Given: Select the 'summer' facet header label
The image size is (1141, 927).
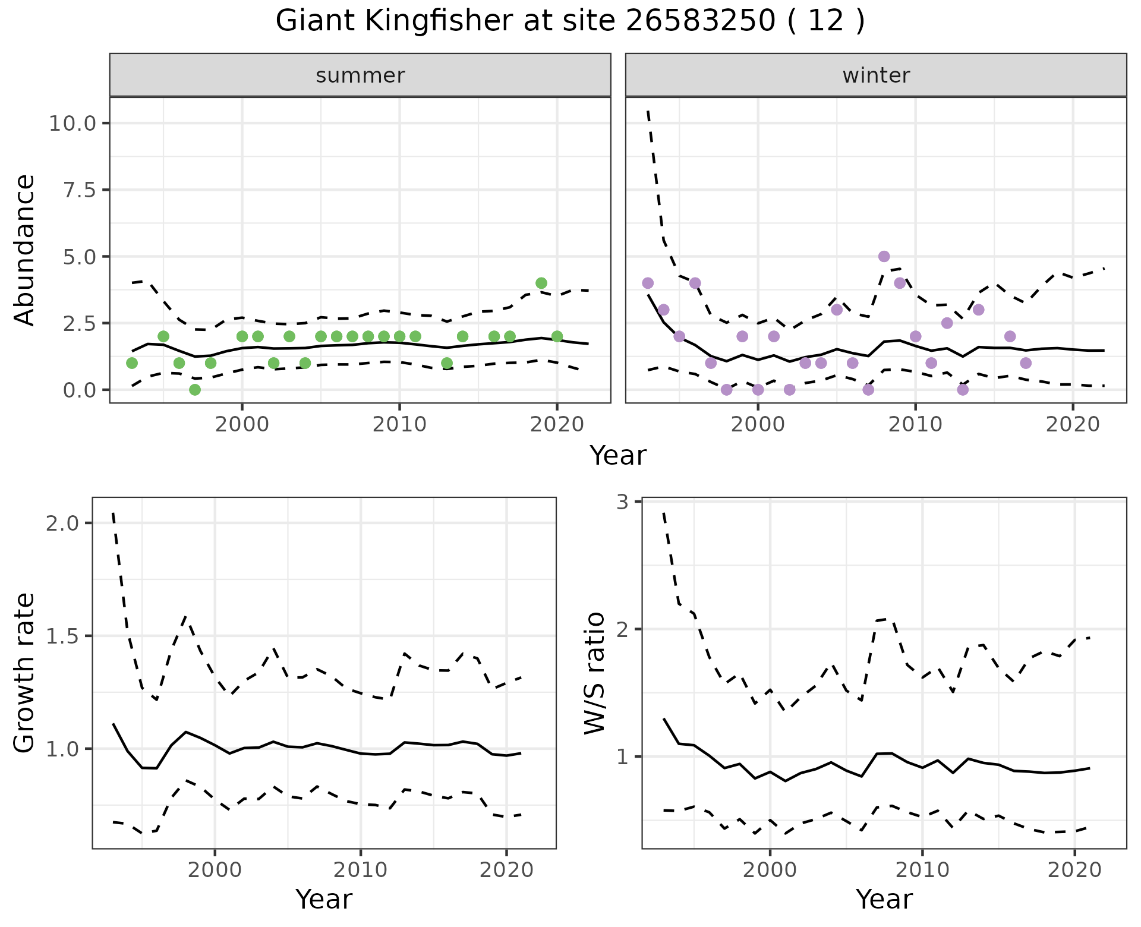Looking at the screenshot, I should (360, 75).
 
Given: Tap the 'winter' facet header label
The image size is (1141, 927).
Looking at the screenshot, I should (876, 75).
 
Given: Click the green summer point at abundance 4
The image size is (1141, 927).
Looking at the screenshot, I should (541, 283).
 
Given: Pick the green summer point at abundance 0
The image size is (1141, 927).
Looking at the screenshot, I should (195, 390).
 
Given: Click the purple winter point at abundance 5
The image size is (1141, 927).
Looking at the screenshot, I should (884, 256).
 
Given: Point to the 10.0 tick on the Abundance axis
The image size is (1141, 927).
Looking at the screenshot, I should (73, 124).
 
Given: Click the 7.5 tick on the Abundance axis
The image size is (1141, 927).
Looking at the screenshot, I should (81, 190).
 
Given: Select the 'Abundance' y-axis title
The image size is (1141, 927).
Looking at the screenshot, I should (25, 250).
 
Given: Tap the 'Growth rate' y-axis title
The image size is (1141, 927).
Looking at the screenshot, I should (25, 673).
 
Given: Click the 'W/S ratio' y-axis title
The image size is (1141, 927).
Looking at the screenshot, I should (594, 673).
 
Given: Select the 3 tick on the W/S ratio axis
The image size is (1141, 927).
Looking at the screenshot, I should (622, 502).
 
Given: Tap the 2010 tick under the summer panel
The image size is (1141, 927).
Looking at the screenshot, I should (399, 425).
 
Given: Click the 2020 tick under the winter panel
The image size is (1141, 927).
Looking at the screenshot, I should (1073, 425).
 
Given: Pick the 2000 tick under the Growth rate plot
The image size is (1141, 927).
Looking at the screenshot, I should (215, 871).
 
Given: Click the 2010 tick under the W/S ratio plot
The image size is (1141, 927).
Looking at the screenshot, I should (922, 871).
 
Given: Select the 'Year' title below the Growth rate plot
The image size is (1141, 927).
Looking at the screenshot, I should (324, 900).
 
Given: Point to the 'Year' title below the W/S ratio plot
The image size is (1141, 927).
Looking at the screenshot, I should (884, 900).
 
